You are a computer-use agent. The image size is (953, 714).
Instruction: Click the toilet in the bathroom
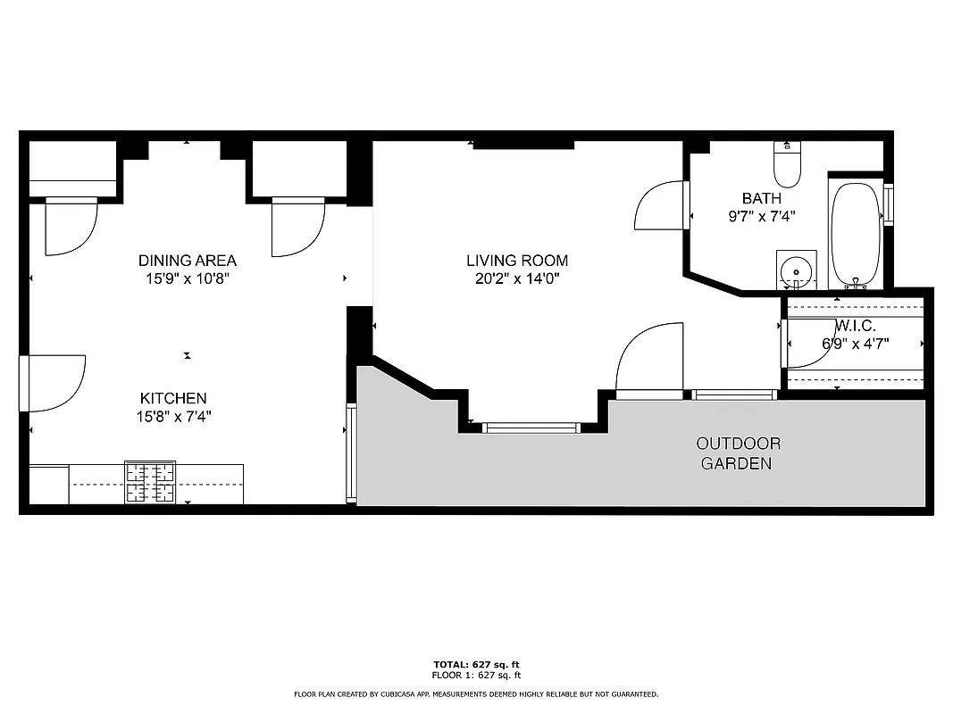click(787, 165)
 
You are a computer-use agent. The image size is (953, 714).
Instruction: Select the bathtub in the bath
click(856, 234)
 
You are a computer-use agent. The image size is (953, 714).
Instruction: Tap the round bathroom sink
click(795, 270)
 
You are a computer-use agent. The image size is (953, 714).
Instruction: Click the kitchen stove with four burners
click(150, 483)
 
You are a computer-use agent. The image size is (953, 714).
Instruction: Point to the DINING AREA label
click(188, 261)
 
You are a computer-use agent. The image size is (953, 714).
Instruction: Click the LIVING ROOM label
click(517, 261)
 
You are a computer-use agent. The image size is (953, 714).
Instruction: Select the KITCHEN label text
click(173, 398)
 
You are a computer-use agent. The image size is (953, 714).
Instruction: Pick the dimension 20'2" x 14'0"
click(517, 278)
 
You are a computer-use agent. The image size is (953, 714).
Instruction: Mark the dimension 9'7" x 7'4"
click(761, 216)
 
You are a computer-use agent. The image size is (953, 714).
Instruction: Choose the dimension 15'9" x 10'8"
click(188, 278)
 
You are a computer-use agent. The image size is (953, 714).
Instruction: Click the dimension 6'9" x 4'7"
click(855, 343)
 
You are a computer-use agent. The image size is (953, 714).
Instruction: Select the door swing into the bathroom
click(662, 207)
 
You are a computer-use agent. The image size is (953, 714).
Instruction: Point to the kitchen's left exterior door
click(51, 384)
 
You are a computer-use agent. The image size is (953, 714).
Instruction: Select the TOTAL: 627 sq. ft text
click(476, 665)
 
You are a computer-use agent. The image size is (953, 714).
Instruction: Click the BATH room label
click(761, 198)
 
